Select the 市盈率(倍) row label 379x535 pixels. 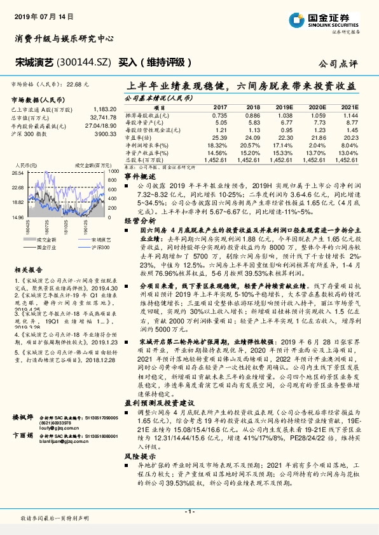point(141,136)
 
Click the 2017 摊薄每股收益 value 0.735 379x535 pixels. point(219,115)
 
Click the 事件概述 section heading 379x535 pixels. point(139,176)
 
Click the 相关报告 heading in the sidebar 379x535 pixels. point(28,269)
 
